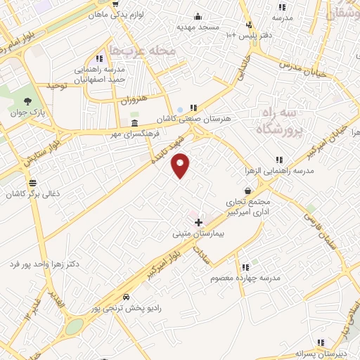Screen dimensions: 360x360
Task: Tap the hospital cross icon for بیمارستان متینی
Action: [x=198, y=222]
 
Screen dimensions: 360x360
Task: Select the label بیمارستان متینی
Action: [x=198, y=235]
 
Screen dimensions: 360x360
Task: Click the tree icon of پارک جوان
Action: [x=27, y=101]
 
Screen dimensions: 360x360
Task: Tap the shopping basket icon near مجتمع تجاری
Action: [x=247, y=191]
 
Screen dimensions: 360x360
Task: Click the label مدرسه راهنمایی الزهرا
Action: [x=281, y=171]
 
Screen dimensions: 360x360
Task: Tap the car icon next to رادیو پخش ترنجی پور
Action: [x=126, y=297]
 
